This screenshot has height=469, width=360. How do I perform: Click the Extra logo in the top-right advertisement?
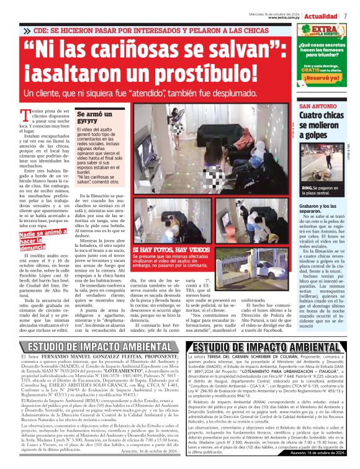324,30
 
